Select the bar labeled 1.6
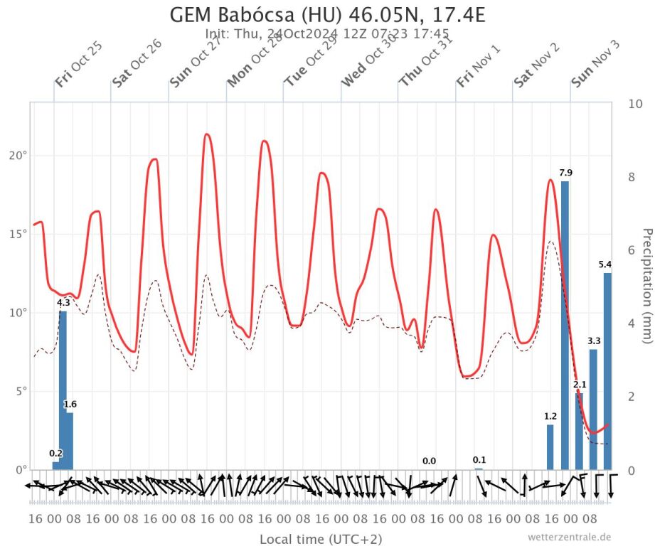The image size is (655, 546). coord(70,441)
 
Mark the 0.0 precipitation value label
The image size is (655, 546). coord(429,461)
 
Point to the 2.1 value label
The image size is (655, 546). coord(580,385)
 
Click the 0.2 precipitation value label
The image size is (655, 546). coord(56,454)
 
